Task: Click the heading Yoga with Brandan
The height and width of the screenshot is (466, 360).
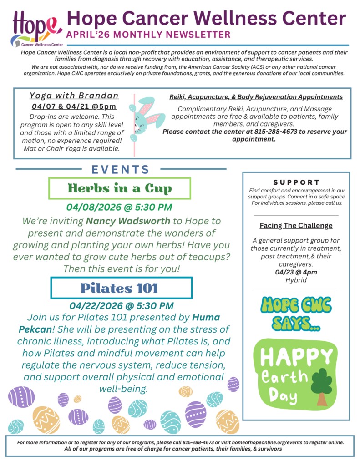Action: (x=74, y=96)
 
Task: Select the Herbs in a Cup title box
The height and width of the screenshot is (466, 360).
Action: (x=120, y=187)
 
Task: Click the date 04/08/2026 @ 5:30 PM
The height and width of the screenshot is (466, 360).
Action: (x=119, y=208)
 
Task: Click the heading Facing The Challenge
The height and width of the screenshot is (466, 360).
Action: (x=296, y=225)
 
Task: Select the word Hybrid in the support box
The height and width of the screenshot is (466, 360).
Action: (x=296, y=280)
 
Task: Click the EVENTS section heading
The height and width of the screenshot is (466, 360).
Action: (x=121, y=170)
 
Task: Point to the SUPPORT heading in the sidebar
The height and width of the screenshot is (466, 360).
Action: (x=296, y=182)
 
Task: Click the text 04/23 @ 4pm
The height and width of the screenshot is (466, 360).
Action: (x=296, y=272)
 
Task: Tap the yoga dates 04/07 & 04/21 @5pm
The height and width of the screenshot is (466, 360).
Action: (x=74, y=106)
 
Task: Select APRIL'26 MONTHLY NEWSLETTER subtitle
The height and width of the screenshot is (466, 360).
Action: (x=148, y=35)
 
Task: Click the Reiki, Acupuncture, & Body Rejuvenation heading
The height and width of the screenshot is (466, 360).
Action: (x=256, y=97)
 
